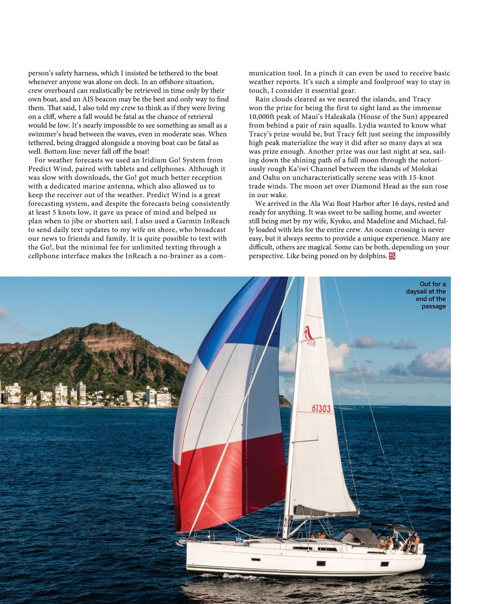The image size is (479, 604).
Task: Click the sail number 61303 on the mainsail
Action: pyautogui.click(x=321, y=408)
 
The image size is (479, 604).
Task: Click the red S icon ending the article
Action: pyautogui.click(x=392, y=256)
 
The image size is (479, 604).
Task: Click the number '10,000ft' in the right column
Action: pyautogui.click(x=262, y=117)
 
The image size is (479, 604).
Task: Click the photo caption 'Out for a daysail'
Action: pyautogui.click(x=426, y=295)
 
